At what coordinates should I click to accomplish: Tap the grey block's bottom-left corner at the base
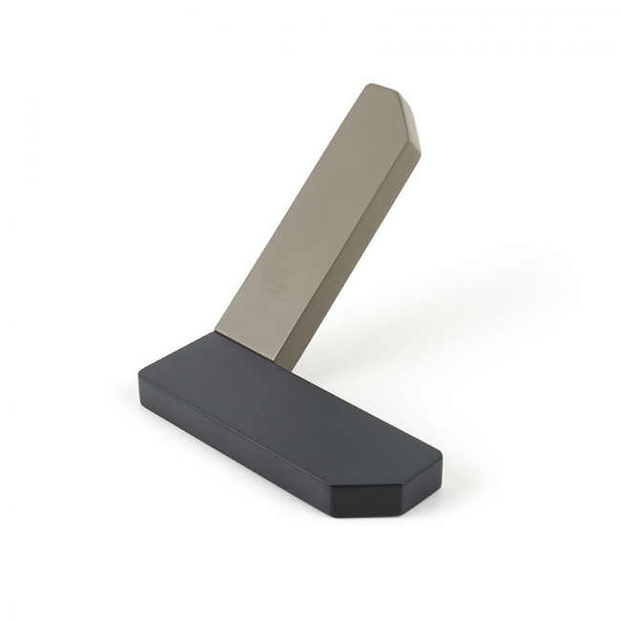click(215, 332)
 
